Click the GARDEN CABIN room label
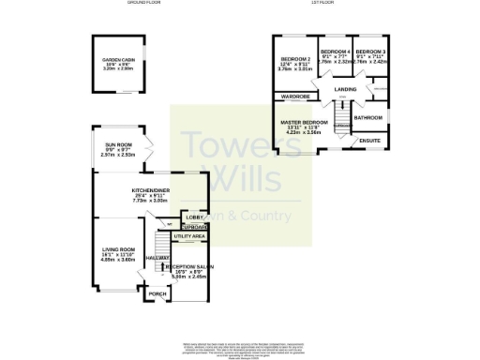coord(118,59)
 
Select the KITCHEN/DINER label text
coord(150,190)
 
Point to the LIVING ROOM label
coord(118,250)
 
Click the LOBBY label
coord(194,217)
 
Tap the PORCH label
coord(157,293)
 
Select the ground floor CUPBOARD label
coord(195,227)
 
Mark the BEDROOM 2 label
coord(294,60)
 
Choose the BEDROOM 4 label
coord(335,52)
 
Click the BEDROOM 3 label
coord(370,52)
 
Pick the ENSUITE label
coord(371,140)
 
